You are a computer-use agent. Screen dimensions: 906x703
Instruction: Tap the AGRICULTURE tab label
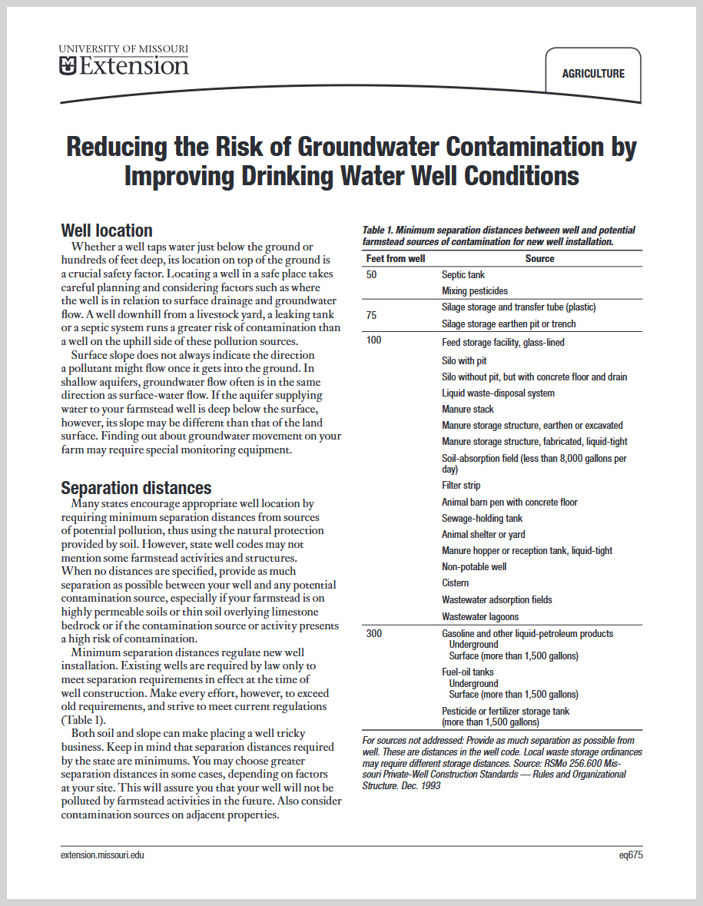click(x=593, y=74)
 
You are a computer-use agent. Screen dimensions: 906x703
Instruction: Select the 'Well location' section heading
click(x=107, y=231)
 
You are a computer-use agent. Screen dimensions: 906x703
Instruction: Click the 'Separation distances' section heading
click(x=136, y=488)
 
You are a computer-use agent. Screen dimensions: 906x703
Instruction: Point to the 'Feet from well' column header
click(x=396, y=259)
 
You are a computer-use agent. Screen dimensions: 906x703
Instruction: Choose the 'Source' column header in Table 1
click(x=539, y=259)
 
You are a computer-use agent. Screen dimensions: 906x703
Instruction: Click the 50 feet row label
click(x=372, y=275)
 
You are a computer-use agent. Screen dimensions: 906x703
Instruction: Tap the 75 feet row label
click(x=372, y=315)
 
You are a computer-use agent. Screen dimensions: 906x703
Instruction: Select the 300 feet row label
click(x=374, y=634)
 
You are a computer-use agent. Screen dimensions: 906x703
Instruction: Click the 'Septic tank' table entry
click(x=463, y=275)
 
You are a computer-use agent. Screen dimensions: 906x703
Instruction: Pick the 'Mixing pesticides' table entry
click(x=475, y=291)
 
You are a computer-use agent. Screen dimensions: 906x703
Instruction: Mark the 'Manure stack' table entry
click(x=468, y=410)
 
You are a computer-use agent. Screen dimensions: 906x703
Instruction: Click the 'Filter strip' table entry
click(x=461, y=486)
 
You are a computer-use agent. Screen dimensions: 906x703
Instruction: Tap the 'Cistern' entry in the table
click(x=455, y=583)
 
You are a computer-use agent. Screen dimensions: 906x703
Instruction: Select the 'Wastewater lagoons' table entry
click(x=480, y=617)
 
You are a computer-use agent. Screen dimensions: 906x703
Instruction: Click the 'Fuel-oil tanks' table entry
click(x=468, y=672)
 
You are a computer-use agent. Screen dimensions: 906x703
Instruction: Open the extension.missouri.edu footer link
click(x=102, y=855)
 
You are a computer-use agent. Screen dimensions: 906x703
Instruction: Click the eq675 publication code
click(x=630, y=855)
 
